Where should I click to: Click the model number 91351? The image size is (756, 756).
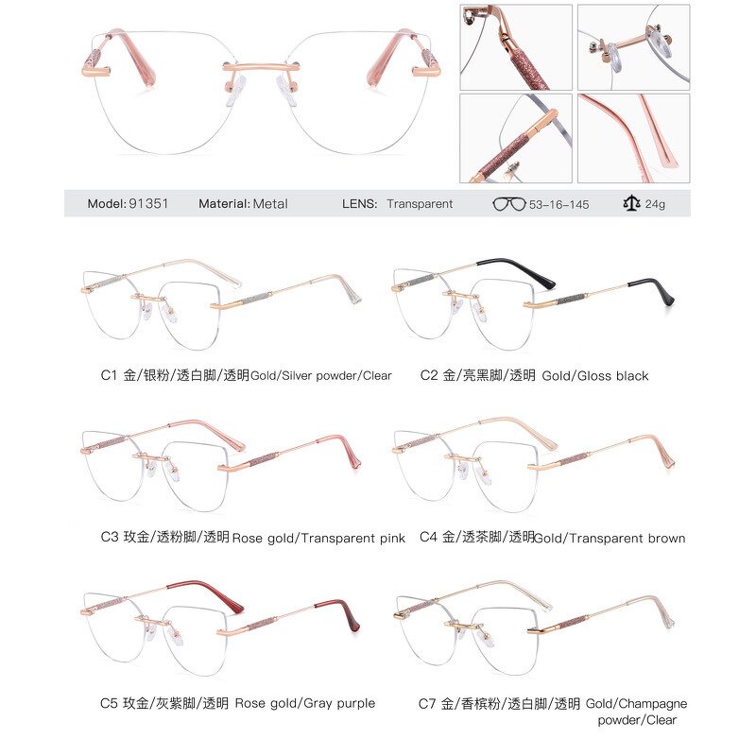click(149, 203)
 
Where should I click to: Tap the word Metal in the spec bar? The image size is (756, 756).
click(270, 203)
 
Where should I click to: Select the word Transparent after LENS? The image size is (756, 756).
click(420, 203)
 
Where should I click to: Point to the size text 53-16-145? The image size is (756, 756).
click(559, 204)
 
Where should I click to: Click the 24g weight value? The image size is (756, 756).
click(656, 204)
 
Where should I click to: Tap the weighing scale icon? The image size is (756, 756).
click(629, 203)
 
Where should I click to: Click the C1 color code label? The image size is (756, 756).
click(109, 375)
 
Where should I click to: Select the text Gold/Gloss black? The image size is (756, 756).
click(595, 376)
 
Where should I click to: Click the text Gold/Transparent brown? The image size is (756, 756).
click(610, 539)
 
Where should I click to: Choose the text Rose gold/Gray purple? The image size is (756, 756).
click(304, 703)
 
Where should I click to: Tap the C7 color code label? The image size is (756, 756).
click(428, 703)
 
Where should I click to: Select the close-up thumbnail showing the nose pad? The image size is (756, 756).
click(633, 47)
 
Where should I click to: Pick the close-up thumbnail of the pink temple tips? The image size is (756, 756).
click(633, 137)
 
